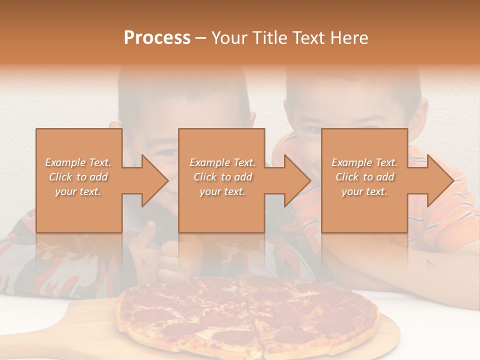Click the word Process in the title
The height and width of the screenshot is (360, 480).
157,38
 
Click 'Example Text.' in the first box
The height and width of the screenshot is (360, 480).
78,162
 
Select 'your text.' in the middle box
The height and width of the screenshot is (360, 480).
222,191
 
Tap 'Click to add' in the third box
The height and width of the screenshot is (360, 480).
364,177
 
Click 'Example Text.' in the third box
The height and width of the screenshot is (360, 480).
364,162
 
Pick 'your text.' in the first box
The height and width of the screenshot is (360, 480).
78,191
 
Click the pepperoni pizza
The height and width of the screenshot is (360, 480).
245,315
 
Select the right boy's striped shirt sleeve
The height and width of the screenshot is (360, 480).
450,210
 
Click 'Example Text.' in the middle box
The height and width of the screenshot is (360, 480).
222,162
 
